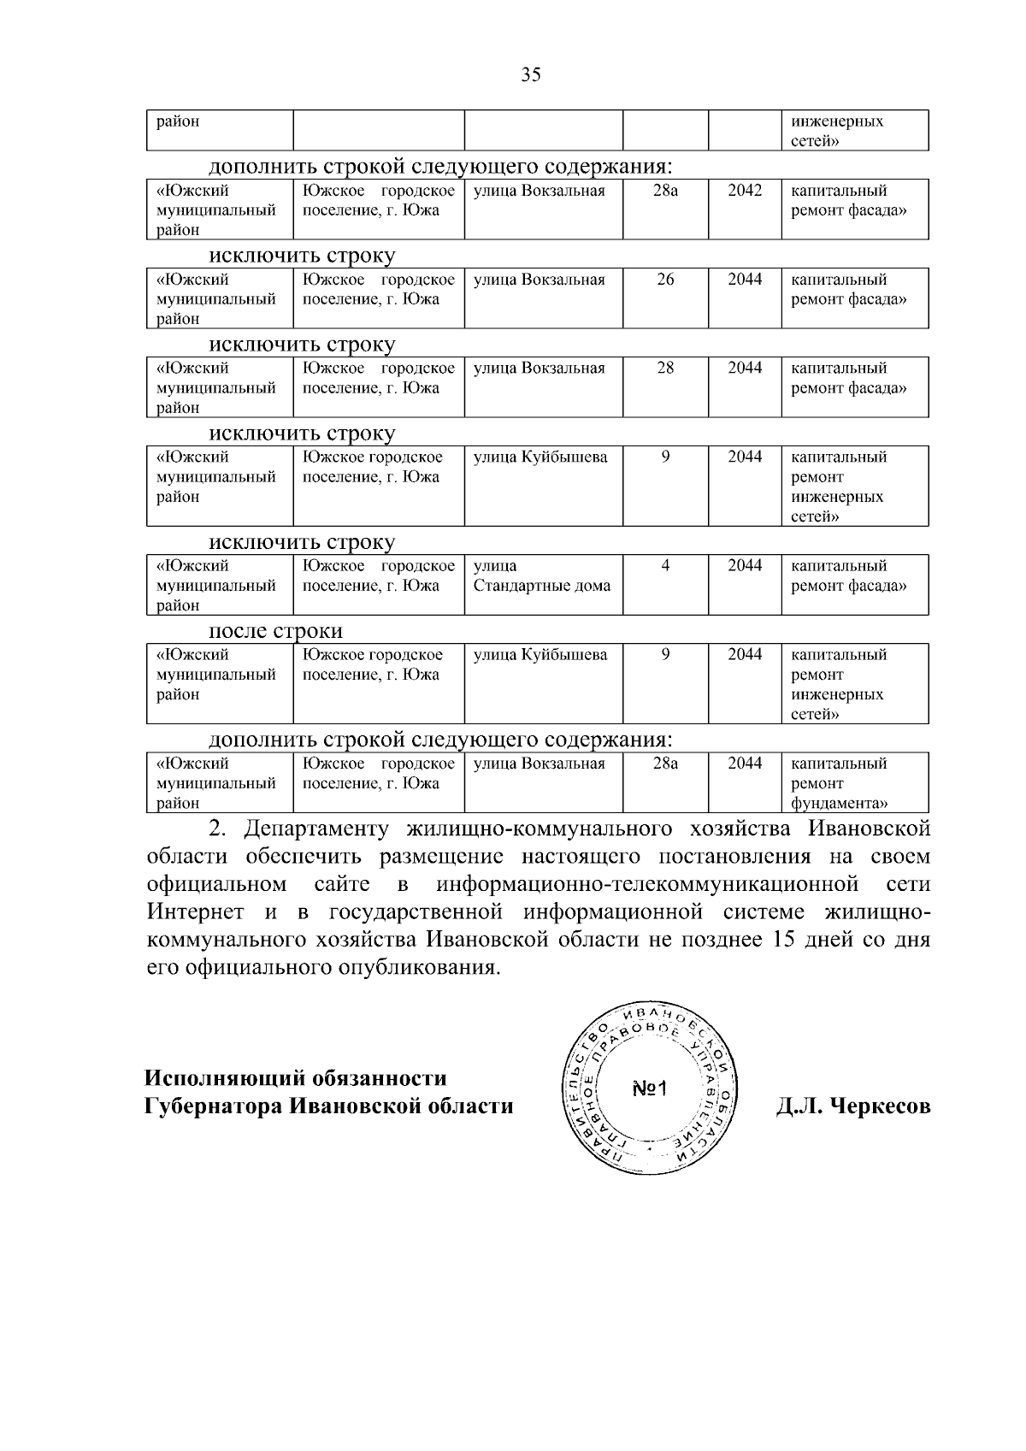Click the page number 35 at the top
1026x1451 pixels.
(531, 75)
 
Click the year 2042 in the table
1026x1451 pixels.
(744, 191)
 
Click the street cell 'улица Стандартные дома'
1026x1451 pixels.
(541, 576)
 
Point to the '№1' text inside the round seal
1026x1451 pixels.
(653, 1089)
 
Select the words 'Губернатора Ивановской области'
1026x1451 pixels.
(328, 1106)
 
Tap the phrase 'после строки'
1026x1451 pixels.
(276, 631)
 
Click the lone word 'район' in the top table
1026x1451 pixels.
(178, 121)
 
